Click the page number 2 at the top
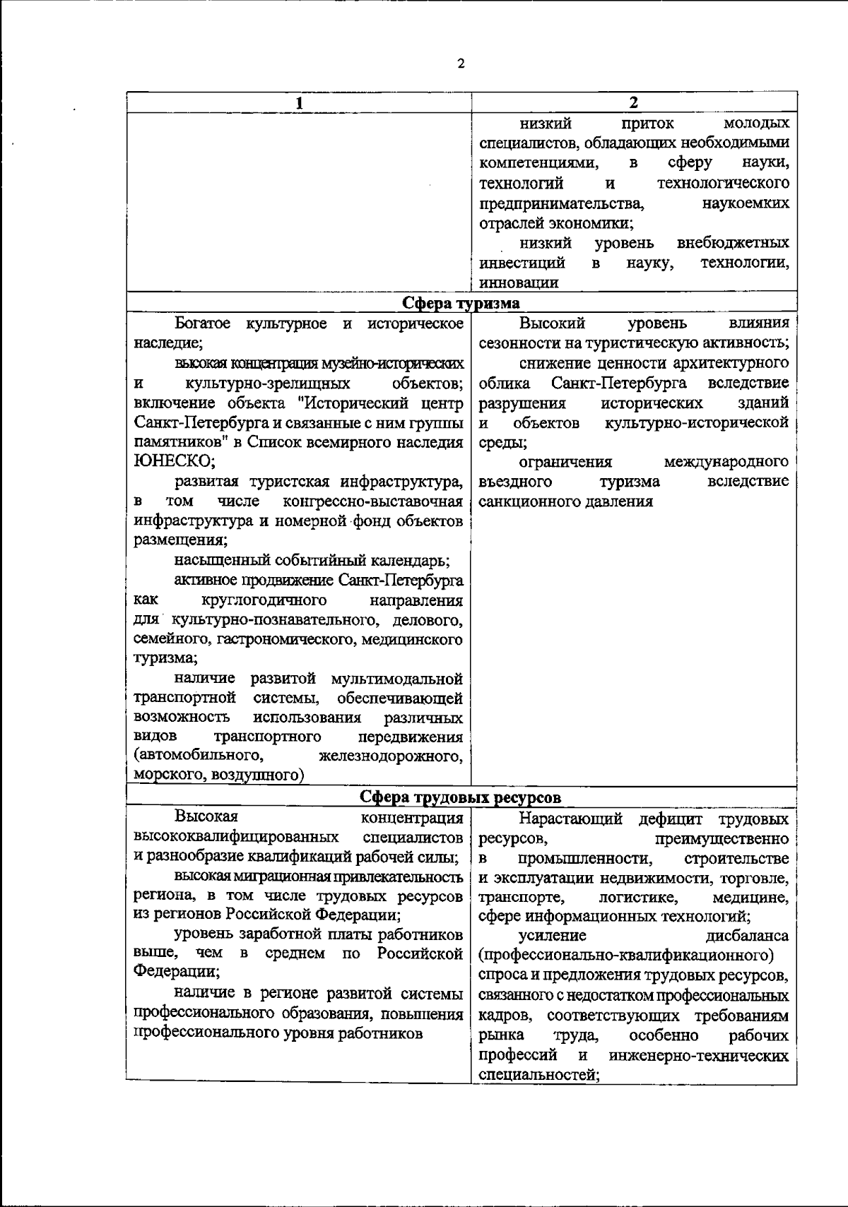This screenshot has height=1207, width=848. (x=461, y=64)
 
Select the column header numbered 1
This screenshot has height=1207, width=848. (x=300, y=103)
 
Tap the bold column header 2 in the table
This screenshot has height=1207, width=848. (x=634, y=102)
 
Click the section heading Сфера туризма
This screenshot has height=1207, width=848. (x=461, y=303)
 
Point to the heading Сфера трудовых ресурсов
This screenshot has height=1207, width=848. (x=461, y=797)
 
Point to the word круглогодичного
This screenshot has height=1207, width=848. (x=264, y=600)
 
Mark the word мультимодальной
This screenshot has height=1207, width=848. (x=396, y=679)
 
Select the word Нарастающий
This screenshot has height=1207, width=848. (x=570, y=819)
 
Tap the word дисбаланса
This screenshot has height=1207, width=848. (x=747, y=936)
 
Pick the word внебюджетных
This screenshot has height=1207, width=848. (x=733, y=244)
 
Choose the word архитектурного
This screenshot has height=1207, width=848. (x=733, y=363)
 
